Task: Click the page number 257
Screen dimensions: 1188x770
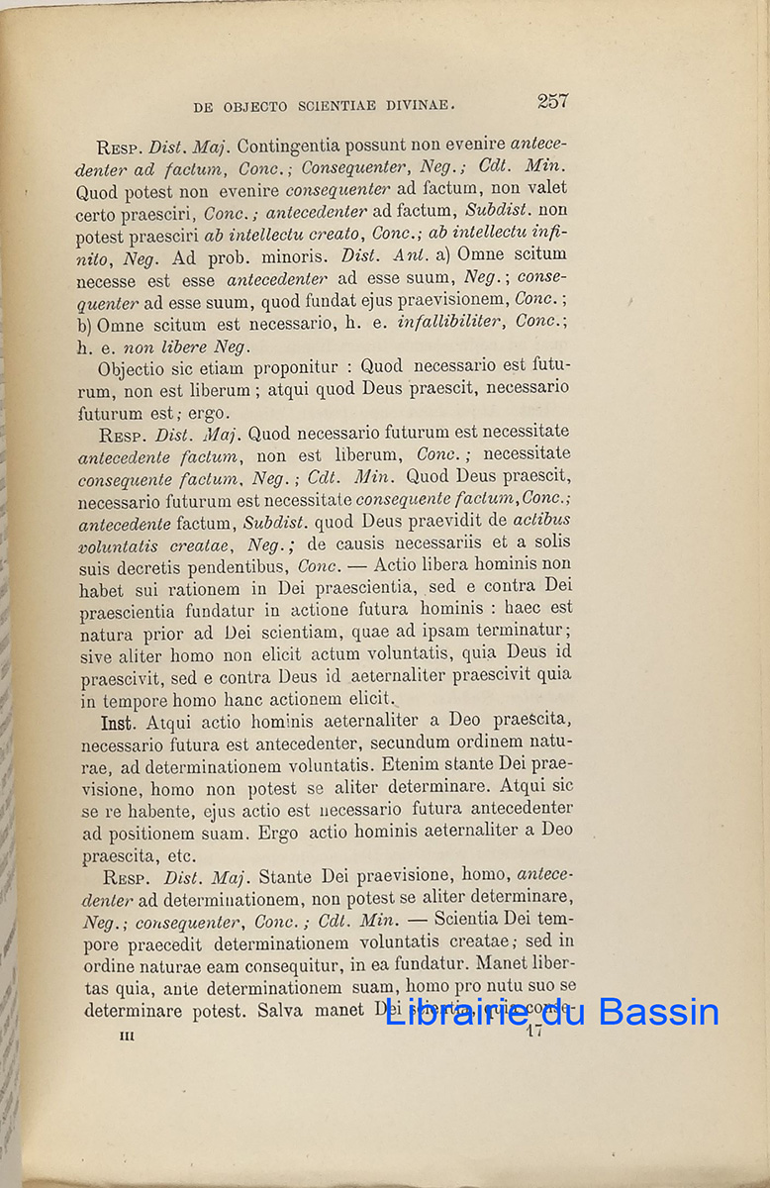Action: [x=552, y=101]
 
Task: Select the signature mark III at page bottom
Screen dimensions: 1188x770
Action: [x=127, y=1035]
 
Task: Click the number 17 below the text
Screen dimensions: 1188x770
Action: [x=535, y=1032]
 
